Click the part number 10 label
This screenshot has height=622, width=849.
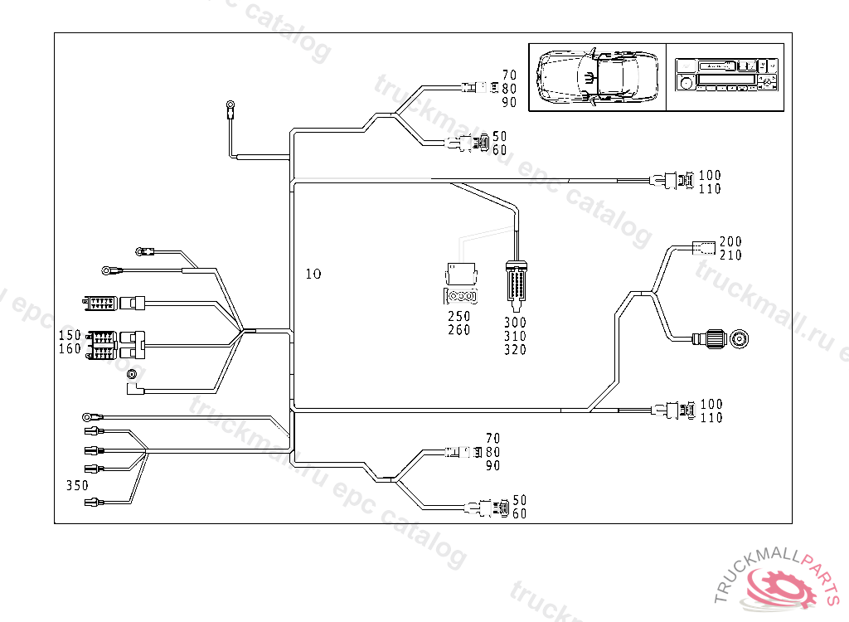(313, 273)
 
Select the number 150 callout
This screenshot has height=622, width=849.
(70, 335)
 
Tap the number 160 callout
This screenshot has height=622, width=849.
(70, 348)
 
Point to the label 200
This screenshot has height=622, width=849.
(730, 241)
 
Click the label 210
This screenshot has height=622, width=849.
(730, 255)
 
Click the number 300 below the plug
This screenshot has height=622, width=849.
(514, 322)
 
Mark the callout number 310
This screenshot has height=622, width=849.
(514, 336)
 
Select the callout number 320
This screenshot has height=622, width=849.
(514, 350)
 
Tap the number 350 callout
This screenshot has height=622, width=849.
(77, 485)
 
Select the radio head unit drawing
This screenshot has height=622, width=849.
(725, 75)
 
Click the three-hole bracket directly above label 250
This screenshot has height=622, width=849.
(461, 296)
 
